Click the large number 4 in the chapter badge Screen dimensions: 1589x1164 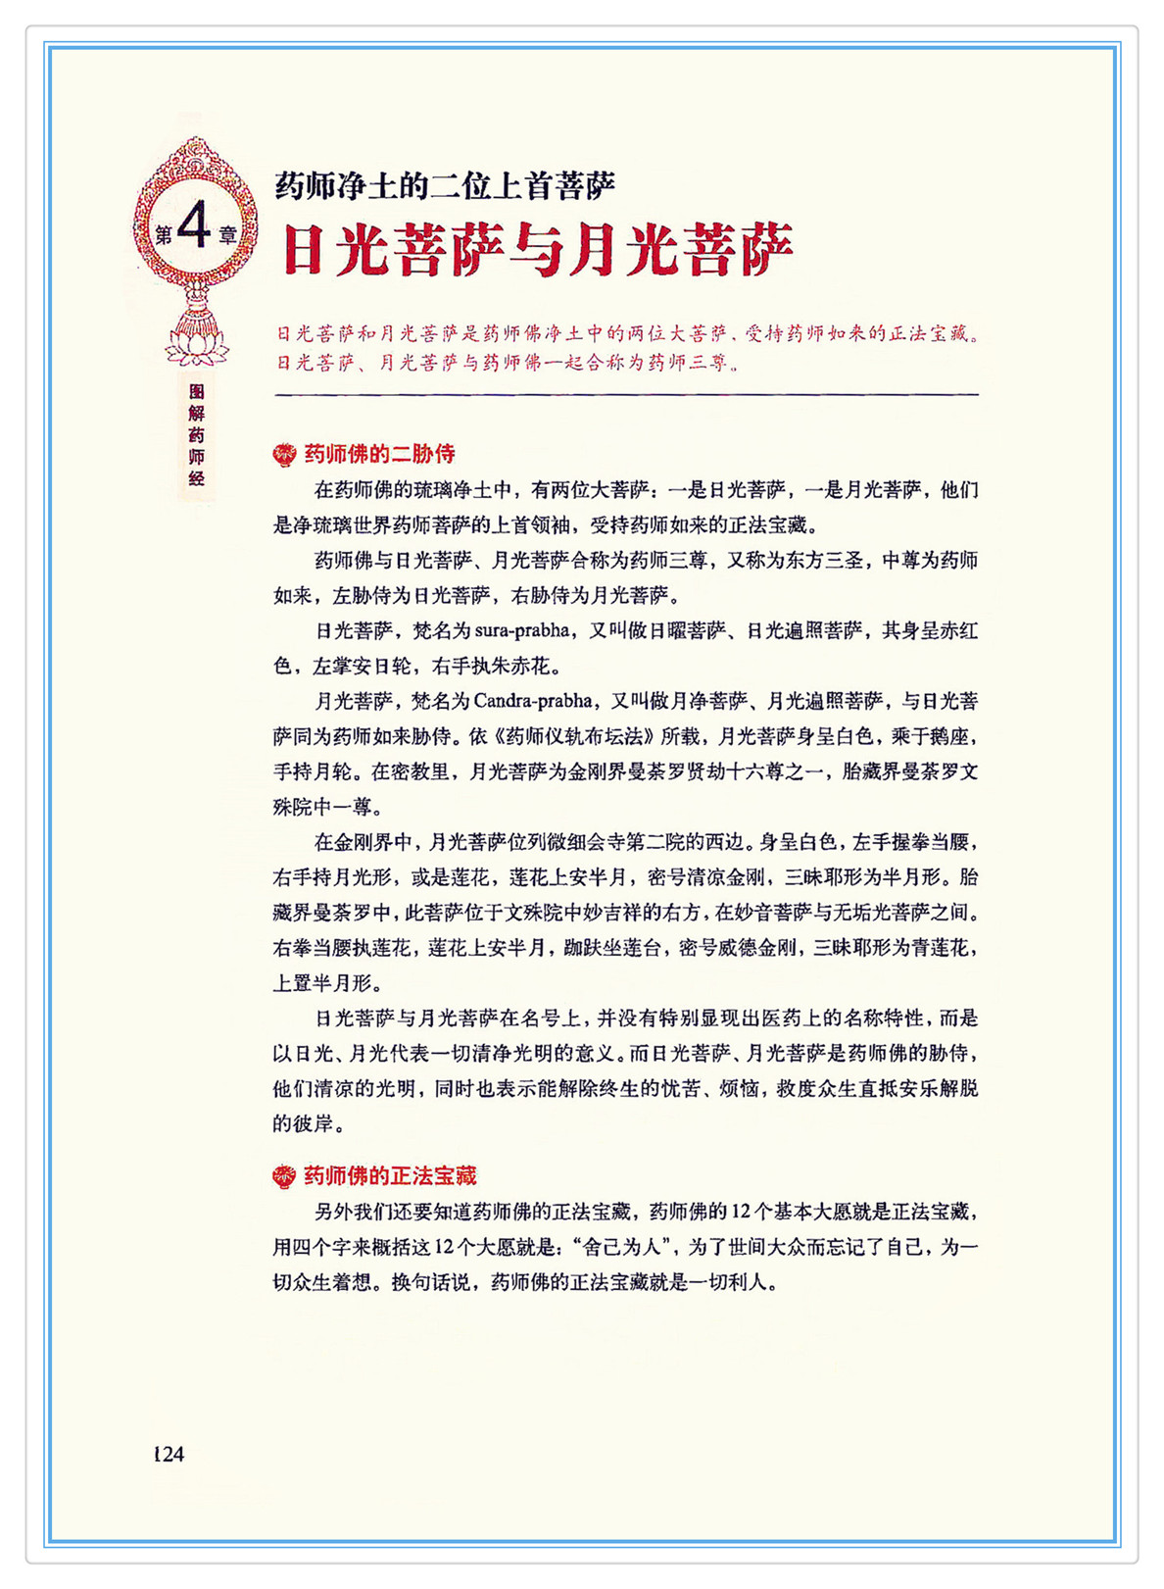(195, 227)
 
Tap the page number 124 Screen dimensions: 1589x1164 (169, 1454)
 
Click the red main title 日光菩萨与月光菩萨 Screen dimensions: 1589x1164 (537, 250)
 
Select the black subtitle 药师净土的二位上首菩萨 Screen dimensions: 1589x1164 (445, 185)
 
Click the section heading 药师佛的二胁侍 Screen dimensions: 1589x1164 (379, 454)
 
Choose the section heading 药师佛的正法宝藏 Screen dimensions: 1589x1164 (390, 1175)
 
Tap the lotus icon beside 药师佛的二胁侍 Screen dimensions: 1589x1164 (284, 454)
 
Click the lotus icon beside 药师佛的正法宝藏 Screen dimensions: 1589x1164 (284, 1176)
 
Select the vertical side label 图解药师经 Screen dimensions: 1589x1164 (197, 434)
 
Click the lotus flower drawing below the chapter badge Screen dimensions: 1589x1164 (197, 342)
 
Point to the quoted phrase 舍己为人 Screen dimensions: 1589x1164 (625, 1247)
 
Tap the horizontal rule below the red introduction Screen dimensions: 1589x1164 (626, 394)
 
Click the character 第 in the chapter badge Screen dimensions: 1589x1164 (163, 234)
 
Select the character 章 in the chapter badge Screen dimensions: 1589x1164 (228, 234)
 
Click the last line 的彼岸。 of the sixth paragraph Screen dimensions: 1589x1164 (309, 1123)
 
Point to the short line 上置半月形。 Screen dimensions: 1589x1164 (328, 982)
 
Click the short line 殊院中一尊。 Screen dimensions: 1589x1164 (328, 807)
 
